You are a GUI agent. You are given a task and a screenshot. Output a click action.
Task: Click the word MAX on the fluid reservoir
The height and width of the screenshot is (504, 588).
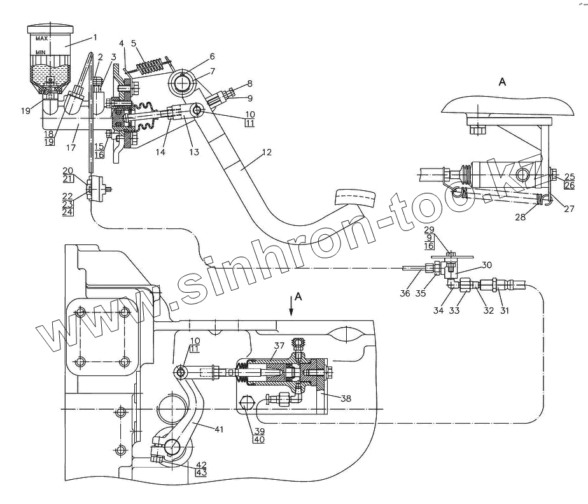pyautogui.click(x=43, y=39)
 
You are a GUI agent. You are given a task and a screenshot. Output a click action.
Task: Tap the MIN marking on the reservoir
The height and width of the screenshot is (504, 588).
pyautogui.click(x=41, y=52)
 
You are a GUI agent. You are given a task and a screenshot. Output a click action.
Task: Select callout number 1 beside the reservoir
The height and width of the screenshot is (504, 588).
pyautogui.click(x=95, y=37)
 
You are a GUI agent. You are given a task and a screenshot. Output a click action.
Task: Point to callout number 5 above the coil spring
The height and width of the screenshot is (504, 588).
pyautogui.click(x=134, y=43)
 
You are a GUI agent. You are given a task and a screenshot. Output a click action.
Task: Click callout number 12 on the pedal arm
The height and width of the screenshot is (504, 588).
pyautogui.click(x=267, y=152)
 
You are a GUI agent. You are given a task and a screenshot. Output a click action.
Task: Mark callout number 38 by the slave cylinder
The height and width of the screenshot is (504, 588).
pyautogui.click(x=346, y=399)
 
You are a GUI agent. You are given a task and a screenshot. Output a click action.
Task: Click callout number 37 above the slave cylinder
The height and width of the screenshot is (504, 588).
pyautogui.click(x=279, y=346)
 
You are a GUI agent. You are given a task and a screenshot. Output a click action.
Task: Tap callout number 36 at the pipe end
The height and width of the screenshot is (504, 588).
pyautogui.click(x=405, y=293)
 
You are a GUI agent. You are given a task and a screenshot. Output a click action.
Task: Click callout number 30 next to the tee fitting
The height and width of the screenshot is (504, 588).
pyautogui.click(x=487, y=265)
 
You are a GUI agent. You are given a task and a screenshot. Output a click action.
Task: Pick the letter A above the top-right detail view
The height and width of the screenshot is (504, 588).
pyautogui.click(x=503, y=81)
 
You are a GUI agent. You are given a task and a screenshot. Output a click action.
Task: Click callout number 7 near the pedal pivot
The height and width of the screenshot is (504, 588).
pyautogui.click(x=213, y=71)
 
